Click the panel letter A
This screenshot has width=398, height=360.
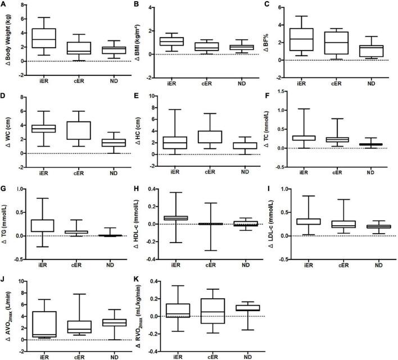pyautogui.click(x=4, y=5)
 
